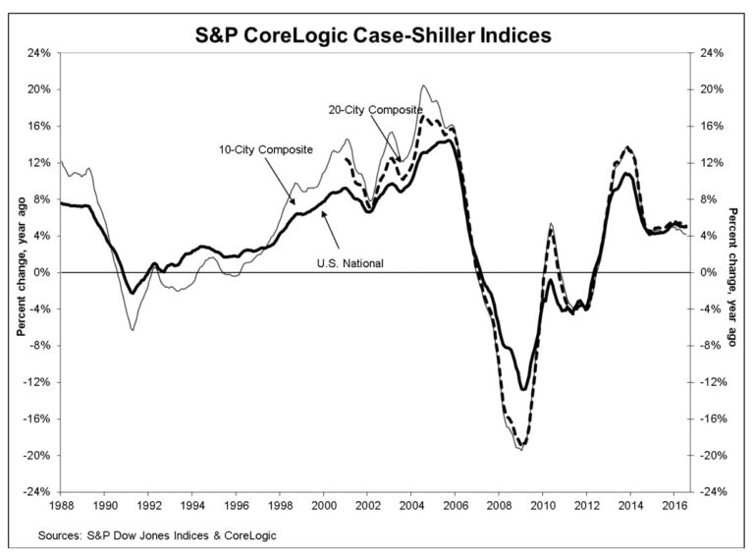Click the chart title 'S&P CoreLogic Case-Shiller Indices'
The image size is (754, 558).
click(377, 37)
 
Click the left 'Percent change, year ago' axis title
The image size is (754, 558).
click(19, 272)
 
